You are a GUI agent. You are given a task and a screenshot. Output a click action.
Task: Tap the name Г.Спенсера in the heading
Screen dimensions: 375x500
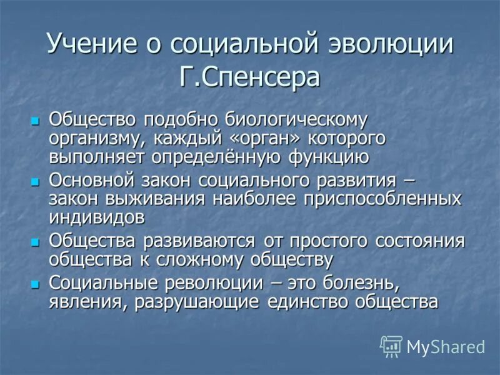249,79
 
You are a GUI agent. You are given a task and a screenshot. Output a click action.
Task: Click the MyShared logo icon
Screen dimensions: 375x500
391,346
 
